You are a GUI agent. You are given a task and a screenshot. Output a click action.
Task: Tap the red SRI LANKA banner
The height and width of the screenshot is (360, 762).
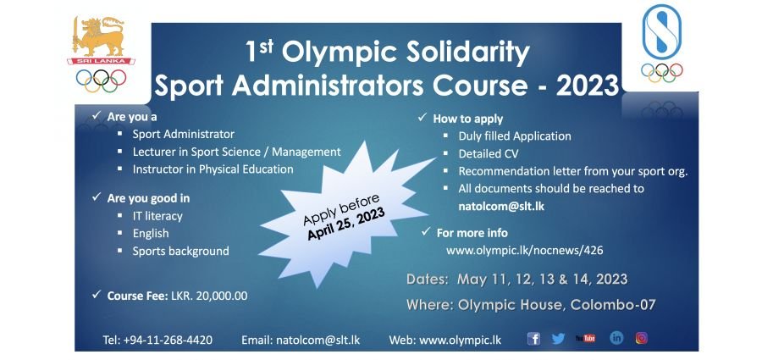pyautogui.click(x=101, y=61)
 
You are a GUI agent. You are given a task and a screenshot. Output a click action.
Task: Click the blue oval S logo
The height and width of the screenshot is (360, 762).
pyautogui.click(x=661, y=31)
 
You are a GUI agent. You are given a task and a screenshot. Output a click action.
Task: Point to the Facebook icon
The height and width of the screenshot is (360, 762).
pyautogui.click(x=533, y=339)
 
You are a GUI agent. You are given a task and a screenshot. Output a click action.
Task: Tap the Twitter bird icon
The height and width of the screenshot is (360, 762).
pyautogui.click(x=559, y=339)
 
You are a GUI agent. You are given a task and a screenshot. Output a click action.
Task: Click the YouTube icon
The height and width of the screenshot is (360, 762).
pyautogui.click(x=586, y=338)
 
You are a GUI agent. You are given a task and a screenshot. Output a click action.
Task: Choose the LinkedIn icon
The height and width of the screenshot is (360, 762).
pyautogui.click(x=616, y=338)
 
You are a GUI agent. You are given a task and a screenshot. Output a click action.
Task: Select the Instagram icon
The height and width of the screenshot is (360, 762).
pyautogui.click(x=642, y=338)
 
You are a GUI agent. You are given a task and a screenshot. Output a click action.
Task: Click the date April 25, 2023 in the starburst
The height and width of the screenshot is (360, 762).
pyautogui.click(x=346, y=224)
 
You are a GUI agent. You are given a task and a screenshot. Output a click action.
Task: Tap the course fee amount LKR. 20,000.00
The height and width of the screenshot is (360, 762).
pyautogui.click(x=209, y=296)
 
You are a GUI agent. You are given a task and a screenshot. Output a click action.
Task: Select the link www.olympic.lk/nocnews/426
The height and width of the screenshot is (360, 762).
pyautogui.click(x=525, y=251)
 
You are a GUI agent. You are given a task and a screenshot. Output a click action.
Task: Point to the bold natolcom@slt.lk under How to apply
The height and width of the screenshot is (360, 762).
pyautogui.click(x=501, y=207)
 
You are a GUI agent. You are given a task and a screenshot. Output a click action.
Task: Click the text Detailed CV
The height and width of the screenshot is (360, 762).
pyautogui.click(x=489, y=154)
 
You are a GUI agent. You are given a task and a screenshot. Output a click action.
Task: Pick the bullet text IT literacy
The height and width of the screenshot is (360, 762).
pyautogui.click(x=157, y=216)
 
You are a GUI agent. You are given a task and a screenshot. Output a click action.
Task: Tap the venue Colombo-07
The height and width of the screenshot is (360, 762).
pyautogui.click(x=613, y=305)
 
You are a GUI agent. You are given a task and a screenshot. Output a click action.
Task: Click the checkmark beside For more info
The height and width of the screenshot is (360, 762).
pyautogui.click(x=426, y=231)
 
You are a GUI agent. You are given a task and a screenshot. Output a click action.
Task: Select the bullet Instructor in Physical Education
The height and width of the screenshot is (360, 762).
pyautogui.click(x=213, y=169)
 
